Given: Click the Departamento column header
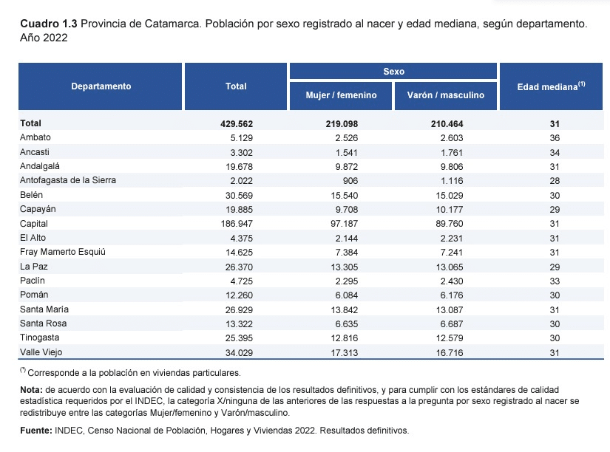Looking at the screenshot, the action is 101,86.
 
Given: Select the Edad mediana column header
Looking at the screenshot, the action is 551,86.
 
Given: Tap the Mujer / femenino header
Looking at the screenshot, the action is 341,95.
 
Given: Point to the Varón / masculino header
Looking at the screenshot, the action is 446,95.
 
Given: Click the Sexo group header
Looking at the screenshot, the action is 393,71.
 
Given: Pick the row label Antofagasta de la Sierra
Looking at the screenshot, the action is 68,180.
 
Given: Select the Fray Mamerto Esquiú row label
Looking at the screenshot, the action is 63,252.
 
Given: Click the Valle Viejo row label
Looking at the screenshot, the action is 41,352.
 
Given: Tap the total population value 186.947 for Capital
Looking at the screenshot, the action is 239,224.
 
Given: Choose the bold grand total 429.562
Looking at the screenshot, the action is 237,124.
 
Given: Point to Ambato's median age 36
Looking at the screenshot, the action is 555,138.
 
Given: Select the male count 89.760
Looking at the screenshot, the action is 450,224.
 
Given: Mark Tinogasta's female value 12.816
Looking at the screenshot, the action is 345,338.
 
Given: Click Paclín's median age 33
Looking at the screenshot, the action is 555,281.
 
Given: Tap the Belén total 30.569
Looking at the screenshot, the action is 239,196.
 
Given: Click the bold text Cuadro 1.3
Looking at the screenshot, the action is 49,24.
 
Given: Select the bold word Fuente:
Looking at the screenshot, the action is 35,431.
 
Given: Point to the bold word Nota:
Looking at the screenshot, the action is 31,390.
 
